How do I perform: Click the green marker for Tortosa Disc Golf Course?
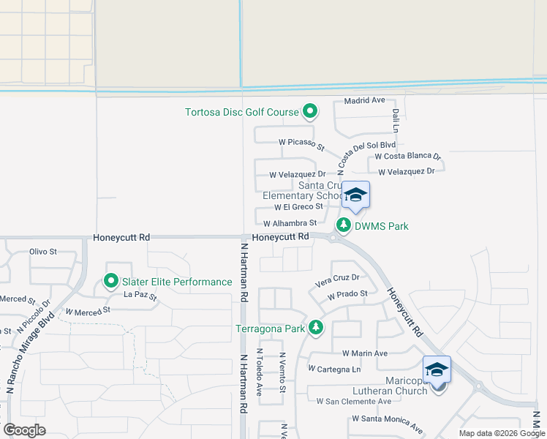tap(310, 112)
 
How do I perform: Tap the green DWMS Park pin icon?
tap(342, 225)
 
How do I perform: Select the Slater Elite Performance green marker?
tap(111, 281)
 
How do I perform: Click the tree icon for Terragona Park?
tap(316, 328)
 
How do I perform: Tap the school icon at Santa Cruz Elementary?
tap(355, 195)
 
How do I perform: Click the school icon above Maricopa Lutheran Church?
tap(437, 369)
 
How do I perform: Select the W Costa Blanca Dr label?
tap(408, 157)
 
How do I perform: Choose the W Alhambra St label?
tap(290, 223)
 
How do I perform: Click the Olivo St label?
tap(43, 252)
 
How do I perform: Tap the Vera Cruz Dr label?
tap(337, 278)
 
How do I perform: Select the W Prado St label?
tap(347, 295)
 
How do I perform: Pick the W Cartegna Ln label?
tap(335, 369)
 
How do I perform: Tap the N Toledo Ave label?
tap(259, 372)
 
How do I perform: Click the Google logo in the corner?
tap(24, 430)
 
